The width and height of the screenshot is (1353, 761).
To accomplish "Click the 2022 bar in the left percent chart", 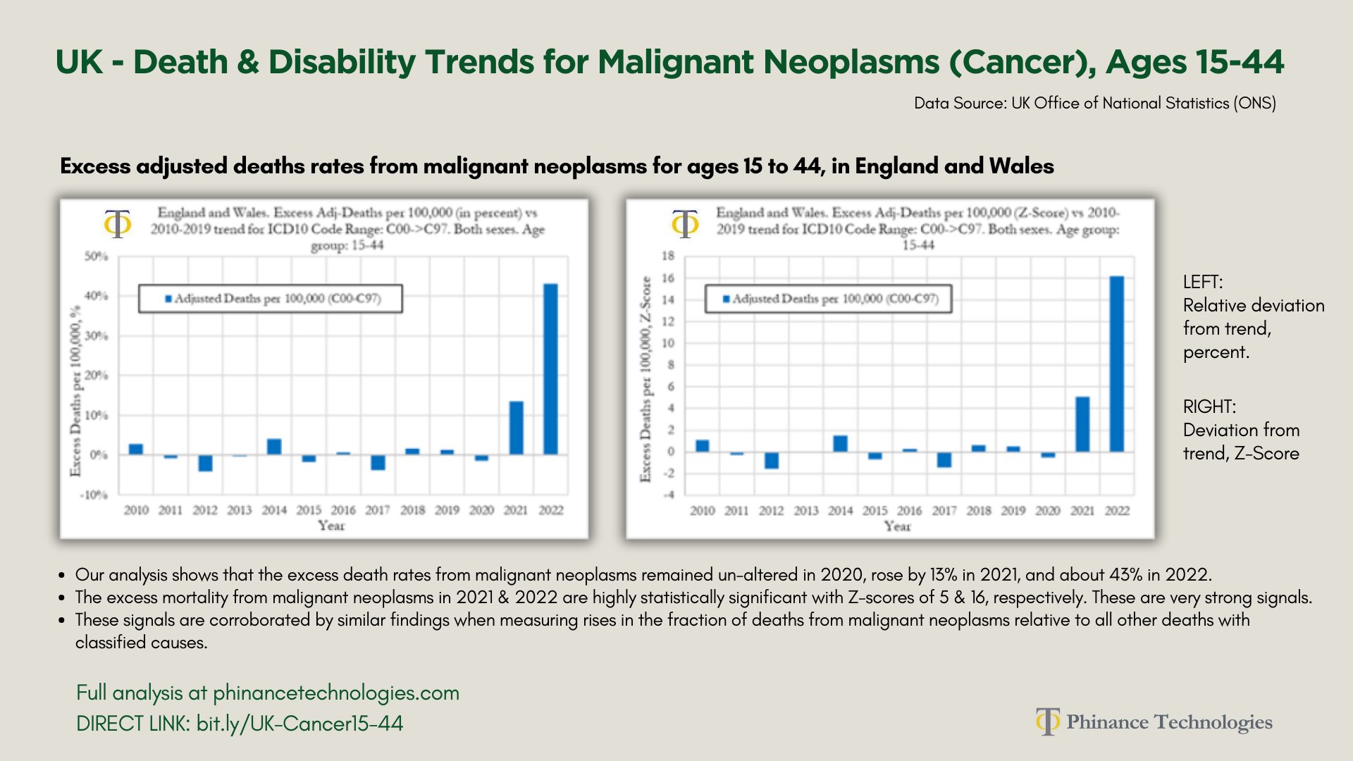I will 550,369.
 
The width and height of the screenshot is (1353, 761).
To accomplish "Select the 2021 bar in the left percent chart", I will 516,428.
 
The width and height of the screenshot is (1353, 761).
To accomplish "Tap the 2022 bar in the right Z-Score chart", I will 1116,364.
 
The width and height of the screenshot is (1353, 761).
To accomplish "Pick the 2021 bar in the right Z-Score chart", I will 1082,424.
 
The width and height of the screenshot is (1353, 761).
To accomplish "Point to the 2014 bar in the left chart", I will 274,447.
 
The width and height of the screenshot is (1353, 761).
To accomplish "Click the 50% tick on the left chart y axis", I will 97,256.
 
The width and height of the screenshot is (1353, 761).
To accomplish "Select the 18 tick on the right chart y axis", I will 667,256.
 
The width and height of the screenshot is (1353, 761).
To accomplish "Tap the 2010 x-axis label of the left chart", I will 136,510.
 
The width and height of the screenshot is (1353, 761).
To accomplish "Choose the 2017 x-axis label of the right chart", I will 944,511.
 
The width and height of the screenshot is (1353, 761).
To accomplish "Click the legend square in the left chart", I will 168,299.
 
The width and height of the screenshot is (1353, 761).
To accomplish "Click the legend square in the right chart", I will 727,299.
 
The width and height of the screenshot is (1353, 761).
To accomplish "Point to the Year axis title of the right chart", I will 897,526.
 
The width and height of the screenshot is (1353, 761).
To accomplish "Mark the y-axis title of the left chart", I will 75,392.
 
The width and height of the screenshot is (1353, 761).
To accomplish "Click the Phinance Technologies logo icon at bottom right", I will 1047,722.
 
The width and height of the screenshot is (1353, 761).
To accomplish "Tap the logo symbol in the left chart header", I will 118,224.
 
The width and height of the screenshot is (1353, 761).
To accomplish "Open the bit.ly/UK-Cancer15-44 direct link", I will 299,724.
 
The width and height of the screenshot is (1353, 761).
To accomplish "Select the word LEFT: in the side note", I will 1203,282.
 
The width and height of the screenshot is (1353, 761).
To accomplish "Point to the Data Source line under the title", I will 1094,103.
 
